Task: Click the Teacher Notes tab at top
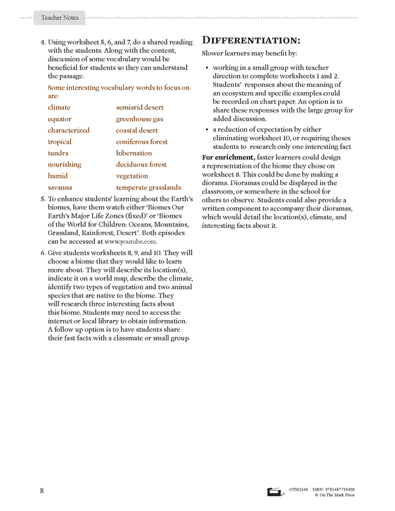59,18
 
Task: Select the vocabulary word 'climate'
59,107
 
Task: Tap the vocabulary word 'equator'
59,119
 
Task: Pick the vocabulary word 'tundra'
58,153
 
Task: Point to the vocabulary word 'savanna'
59,188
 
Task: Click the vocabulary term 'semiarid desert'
140,107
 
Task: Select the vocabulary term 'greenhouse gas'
140,119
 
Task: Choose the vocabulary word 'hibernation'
134,153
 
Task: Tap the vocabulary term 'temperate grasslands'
148,188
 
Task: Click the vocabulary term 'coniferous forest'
142,142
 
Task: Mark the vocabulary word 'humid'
57,176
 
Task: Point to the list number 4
42,41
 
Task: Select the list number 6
42,253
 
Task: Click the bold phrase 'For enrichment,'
227,158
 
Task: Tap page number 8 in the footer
41,491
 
